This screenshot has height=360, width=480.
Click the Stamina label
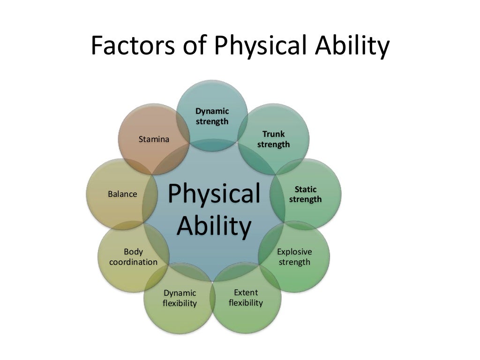pyautogui.click(x=154, y=139)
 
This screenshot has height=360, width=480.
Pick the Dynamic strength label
pyautogui.click(x=212, y=116)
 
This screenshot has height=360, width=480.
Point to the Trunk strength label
pyautogui.click(x=273, y=139)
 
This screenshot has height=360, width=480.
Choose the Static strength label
pyautogui.click(x=306, y=194)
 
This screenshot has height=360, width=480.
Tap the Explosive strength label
pyautogui.click(x=294, y=257)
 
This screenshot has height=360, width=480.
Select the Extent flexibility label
pyautogui.click(x=246, y=298)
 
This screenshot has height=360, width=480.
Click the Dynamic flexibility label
pyautogui.click(x=180, y=298)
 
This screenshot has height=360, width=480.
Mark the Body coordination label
pyautogui.click(x=133, y=257)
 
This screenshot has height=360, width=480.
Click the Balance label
pyautogui.click(x=122, y=194)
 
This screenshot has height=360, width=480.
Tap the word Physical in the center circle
pyautogui.click(x=214, y=194)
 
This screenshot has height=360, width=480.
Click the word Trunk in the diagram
pyautogui.click(x=273, y=134)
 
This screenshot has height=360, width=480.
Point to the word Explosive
pyautogui.click(x=294, y=252)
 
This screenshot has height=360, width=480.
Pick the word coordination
pyautogui.click(x=133, y=262)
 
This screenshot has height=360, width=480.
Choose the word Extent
pyautogui.click(x=246, y=292)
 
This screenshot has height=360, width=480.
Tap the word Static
pyautogui.click(x=306, y=189)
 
